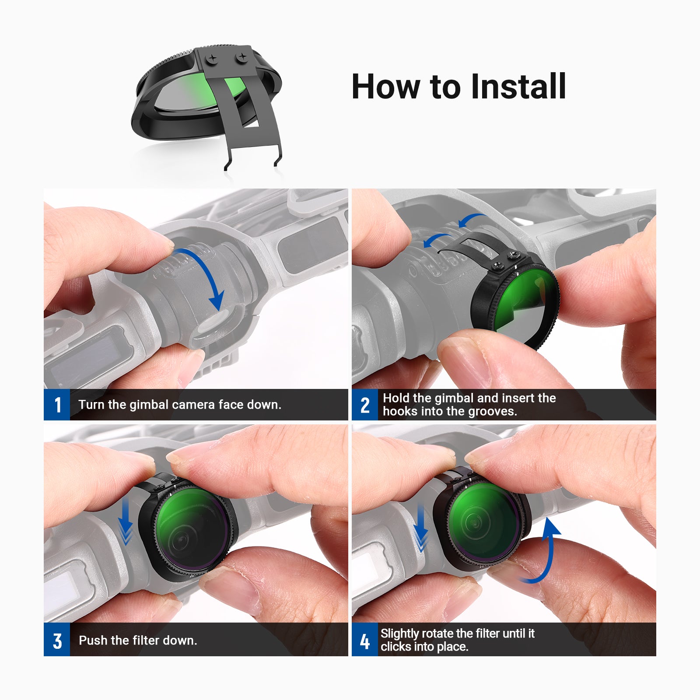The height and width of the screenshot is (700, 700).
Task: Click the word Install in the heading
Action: (x=518, y=86)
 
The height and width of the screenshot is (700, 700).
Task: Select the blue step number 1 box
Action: (x=57, y=405)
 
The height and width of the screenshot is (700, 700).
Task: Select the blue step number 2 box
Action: (x=365, y=405)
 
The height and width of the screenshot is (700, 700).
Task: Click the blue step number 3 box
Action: (x=57, y=640)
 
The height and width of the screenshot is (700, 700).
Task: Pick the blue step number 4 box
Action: (x=365, y=640)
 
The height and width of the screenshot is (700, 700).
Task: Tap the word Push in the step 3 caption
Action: (x=92, y=640)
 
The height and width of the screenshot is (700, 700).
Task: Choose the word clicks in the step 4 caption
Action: (x=396, y=647)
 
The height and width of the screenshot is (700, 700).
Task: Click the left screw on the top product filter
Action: (x=212, y=58)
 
